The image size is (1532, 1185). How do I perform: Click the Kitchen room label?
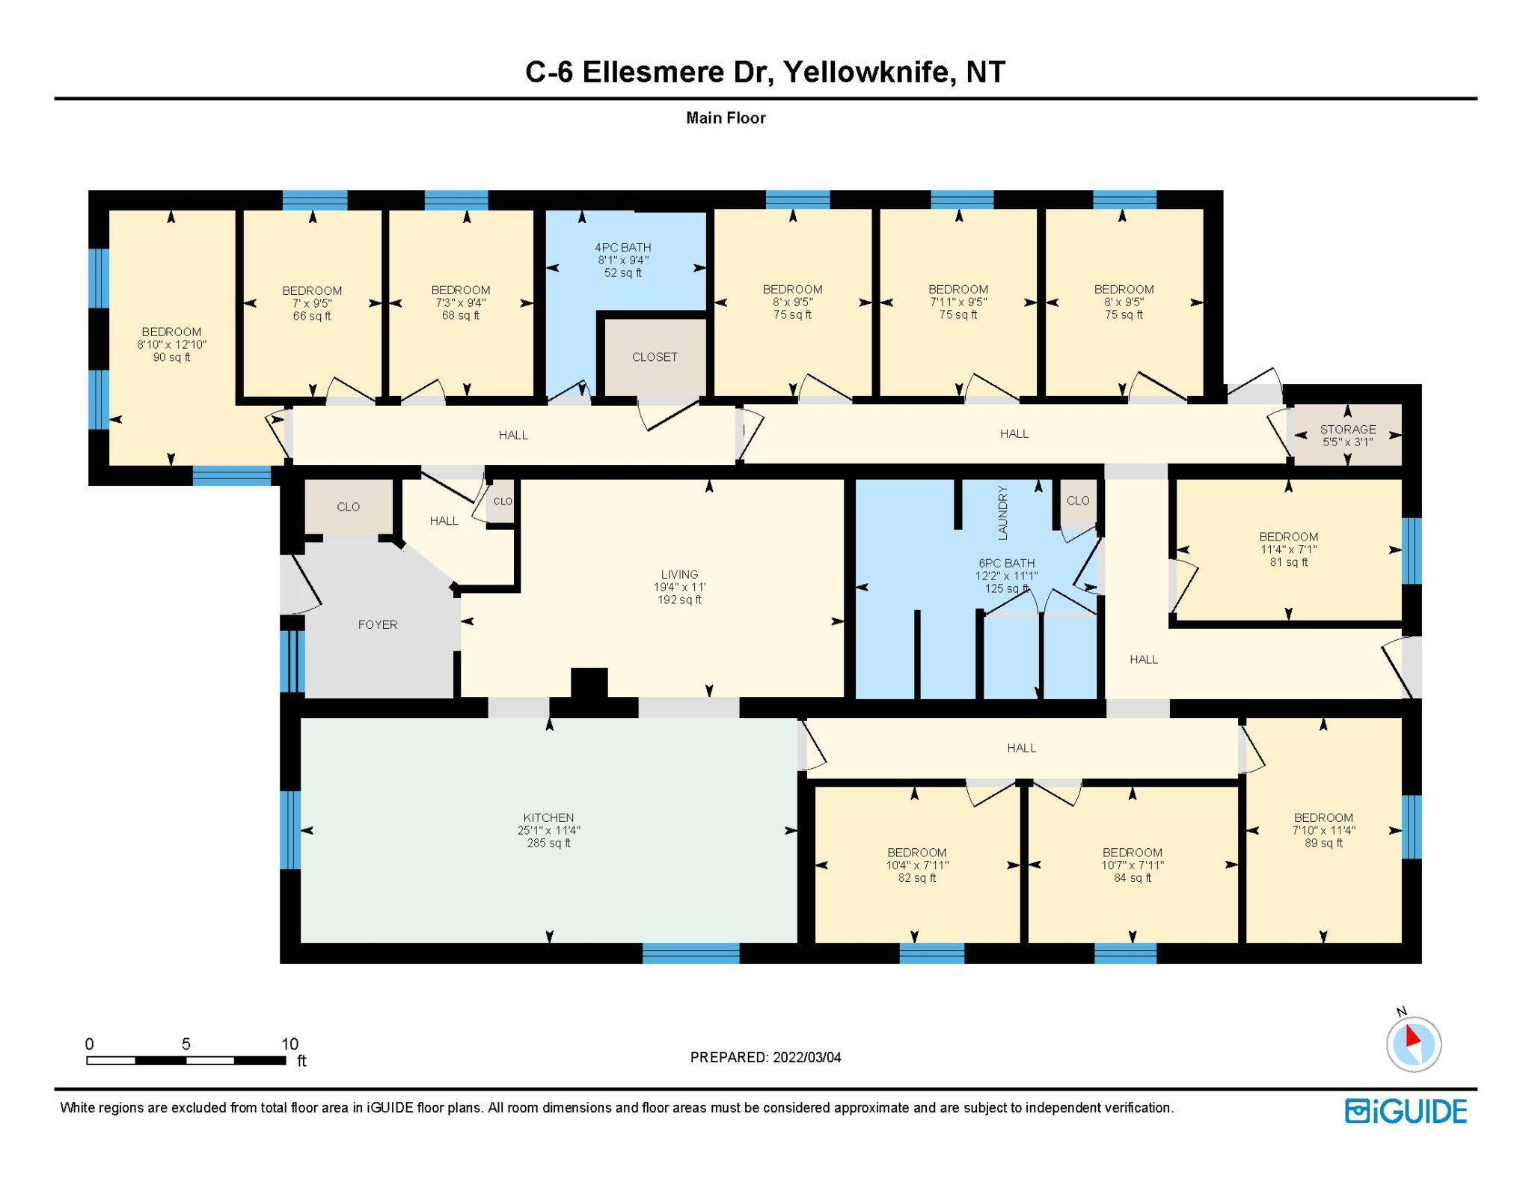coord(548,817)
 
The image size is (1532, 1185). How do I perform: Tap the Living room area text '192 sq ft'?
coord(679,600)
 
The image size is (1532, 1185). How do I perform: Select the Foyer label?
coord(378,624)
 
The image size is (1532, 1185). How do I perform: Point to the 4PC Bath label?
coord(622,247)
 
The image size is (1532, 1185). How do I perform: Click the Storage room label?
coord(1347,429)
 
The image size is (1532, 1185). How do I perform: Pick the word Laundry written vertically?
coord(1003,513)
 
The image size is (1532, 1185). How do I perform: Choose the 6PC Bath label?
coord(1006,563)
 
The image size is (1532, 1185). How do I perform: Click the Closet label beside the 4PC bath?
coord(655,357)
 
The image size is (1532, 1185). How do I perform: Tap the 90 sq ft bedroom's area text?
coord(171,357)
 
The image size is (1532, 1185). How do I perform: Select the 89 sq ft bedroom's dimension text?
coord(1323,830)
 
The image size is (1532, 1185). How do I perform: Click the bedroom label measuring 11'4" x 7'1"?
coord(1288,537)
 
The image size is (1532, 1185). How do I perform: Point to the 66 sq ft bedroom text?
coord(312,316)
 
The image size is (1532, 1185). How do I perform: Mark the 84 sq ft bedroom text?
coord(1132,877)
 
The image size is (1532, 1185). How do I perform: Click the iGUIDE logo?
coord(1406,1112)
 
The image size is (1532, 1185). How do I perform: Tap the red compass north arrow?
coord(1412,1036)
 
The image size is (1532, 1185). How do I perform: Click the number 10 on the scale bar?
coord(289,1044)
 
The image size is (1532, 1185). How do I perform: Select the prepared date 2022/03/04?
coord(806,1057)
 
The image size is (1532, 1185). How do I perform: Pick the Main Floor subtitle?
coord(726,118)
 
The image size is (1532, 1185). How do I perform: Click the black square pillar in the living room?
coord(589,683)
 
